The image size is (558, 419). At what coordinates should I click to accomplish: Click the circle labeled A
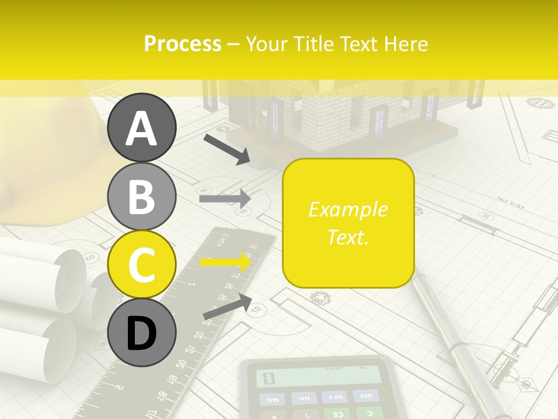pyautogui.click(x=142, y=127)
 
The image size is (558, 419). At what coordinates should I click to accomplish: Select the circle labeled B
pyautogui.click(x=142, y=196)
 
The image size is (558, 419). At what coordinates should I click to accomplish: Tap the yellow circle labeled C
pyautogui.click(x=142, y=264)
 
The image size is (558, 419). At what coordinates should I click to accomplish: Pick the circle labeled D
pyautogui.click(x=142, y=332)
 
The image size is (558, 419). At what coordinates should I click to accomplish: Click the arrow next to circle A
pyautogui.click(x=227, y=149)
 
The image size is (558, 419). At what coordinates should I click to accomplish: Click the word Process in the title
pyautogui.click(x=183, y=44)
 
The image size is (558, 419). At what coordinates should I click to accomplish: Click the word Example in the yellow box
pyautogui.click(x=348, y=210)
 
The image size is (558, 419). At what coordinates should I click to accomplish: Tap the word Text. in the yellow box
pyautogui.click(x=348, y=237)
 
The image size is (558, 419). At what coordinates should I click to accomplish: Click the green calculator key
pyautogui.click(x=337, y=414)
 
